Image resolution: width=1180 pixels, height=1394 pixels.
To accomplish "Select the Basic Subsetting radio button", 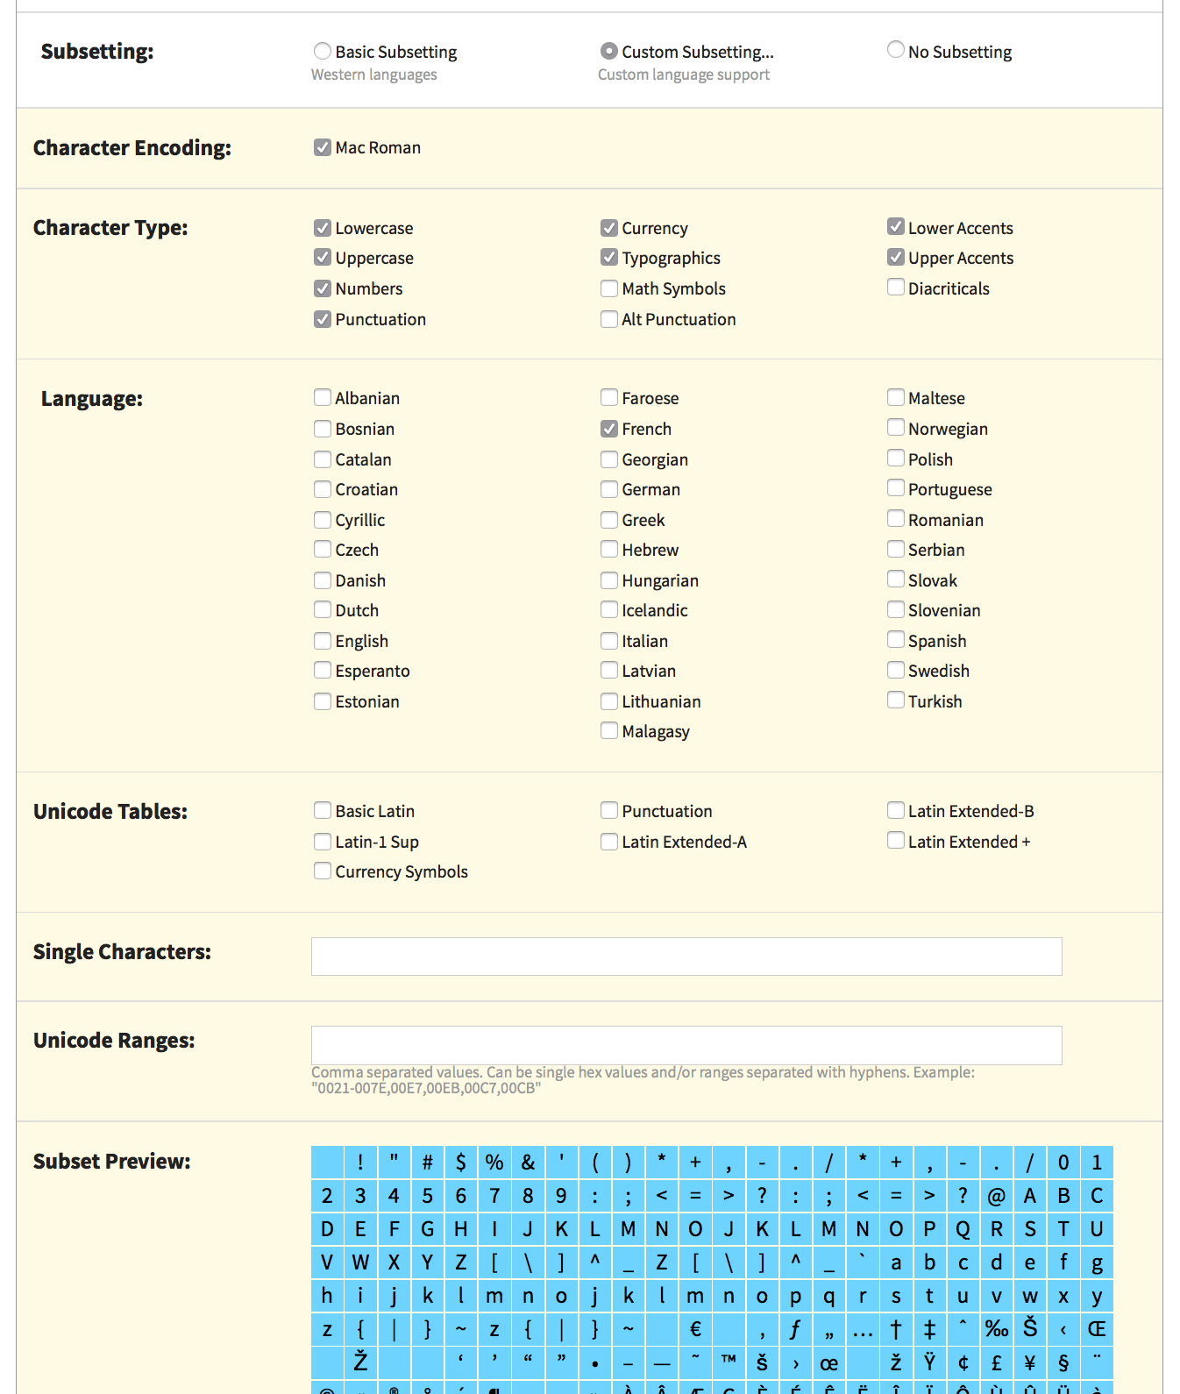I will tap(323, 52).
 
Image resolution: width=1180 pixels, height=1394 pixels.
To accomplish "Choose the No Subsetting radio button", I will tap(895, 50).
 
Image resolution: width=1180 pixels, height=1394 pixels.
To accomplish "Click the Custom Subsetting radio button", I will tap(608, 52).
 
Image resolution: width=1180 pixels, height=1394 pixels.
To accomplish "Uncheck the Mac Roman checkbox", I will tap(323, 147).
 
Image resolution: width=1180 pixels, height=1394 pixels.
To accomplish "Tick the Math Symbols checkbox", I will tap(609, 288).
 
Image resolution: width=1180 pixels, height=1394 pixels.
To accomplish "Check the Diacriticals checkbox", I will tap(895, 288).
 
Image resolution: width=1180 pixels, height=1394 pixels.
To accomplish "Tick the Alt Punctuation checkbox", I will tap(609, 319).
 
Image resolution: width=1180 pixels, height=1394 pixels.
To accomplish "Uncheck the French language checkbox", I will tap(609, 429).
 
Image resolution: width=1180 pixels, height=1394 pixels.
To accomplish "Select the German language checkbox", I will tap(609, 489).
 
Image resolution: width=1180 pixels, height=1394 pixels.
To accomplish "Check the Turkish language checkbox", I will tap(895, 701).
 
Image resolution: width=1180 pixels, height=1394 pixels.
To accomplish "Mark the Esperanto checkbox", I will tap(323, 671).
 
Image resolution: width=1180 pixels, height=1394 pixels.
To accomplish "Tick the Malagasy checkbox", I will tap(609, 731).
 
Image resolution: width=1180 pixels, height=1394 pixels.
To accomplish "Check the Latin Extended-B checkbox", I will tap(895, 810).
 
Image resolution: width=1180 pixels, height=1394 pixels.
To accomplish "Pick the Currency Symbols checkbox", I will tap(323, 871).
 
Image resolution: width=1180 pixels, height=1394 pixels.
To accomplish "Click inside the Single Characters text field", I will tap(686, 957).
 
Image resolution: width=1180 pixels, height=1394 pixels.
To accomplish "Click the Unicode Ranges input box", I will tap(686, 1045).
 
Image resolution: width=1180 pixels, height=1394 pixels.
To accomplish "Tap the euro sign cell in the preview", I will tap(695, 1329).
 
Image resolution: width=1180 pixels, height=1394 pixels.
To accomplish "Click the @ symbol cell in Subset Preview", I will tap(996, 1196).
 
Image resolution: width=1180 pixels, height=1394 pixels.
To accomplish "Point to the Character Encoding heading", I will tap(132, 148).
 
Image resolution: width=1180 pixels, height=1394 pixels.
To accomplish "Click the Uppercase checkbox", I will tap(323, 258).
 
